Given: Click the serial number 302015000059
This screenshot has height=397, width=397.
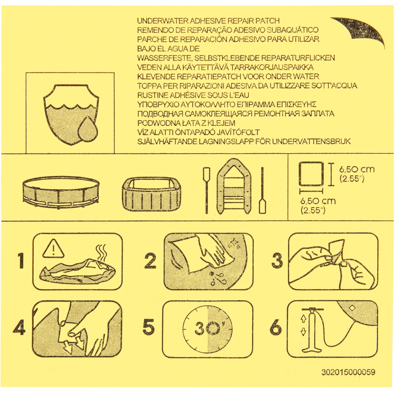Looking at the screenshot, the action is pyautogui.click(x=348, y=372).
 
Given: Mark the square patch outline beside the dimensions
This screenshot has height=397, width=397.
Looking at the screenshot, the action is pyautogui.click(x=311, y=174).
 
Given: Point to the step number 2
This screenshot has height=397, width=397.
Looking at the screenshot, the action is pyautogui.click(x=150, y=260).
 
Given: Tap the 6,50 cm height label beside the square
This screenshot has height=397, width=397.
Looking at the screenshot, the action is pyautogui.click(x=357, y=169).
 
